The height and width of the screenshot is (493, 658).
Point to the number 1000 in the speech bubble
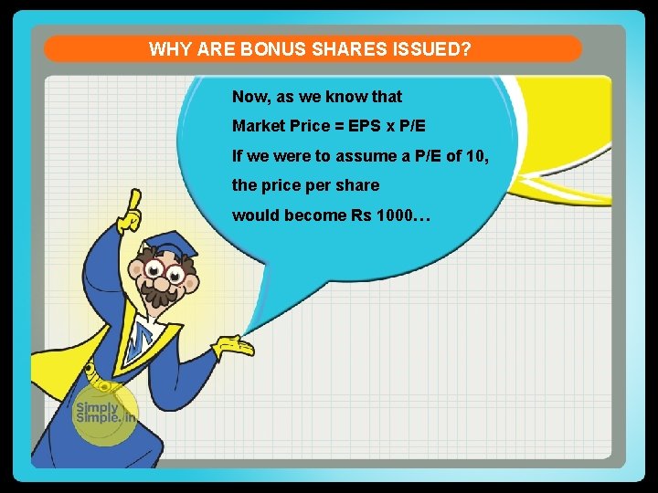[394, 215]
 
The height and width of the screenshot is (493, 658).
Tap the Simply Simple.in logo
[104, 414]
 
